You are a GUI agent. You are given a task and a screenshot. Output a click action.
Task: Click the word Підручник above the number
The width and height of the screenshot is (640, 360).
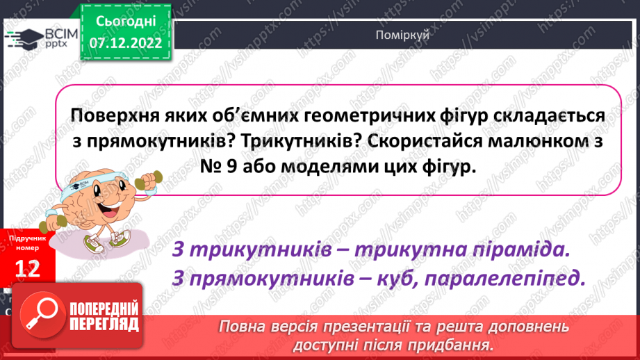28,238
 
